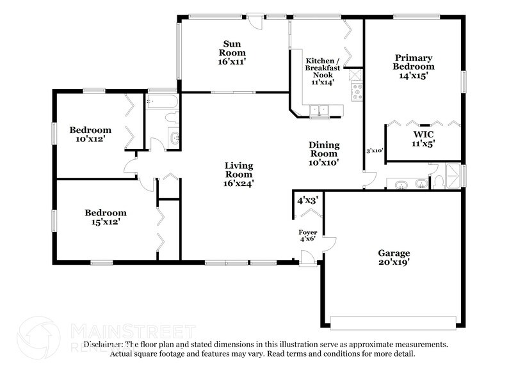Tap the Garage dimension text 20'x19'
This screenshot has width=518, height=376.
[x=394, y=262]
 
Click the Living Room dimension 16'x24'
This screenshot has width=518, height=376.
[x=238, y=182]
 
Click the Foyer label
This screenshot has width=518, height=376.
[x=307, y=231]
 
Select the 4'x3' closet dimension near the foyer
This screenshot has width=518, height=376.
[x=307, y=200]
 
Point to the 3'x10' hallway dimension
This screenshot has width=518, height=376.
[x=374, y=151]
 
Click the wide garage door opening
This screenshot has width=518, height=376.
[x=394, y=318]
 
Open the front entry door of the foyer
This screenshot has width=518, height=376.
[x=308, y=258]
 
